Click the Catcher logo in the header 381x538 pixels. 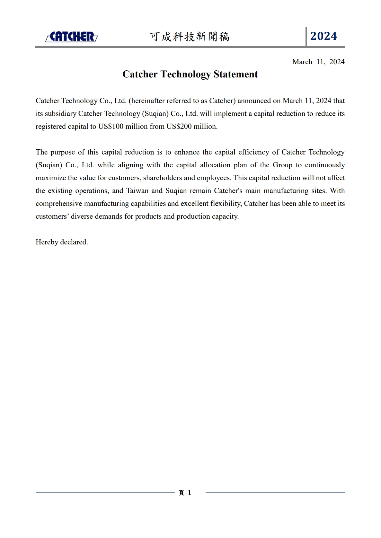(x=71, y=37)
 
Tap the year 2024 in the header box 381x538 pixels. (x=323, y=36)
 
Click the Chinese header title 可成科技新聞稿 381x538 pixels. (x=190, y=37)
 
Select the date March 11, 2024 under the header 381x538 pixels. (x=318, y=62)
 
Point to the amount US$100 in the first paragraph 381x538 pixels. (x=111, y=126)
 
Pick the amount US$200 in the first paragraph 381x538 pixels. (x=179, y=126)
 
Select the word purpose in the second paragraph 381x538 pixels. (x=63, y=152)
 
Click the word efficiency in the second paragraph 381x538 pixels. (x=253, y=152)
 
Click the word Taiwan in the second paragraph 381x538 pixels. (x=137, y=190)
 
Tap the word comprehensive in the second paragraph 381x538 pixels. (x=59, y=203)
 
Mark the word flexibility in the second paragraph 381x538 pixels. (x=226, y=203)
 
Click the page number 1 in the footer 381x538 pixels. (x=190, y=492)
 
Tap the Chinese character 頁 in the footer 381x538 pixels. (x=182, y=493)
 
